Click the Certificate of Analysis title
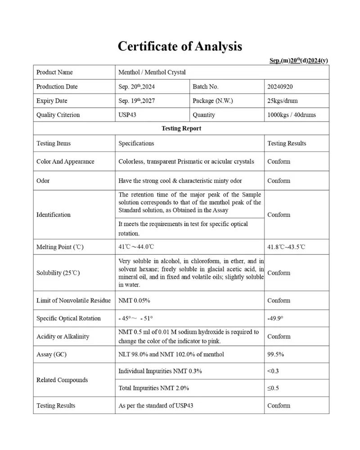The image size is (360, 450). (x=180, y=46)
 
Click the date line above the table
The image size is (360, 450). (x=299, y=61)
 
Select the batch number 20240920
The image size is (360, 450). (x=280, y=86)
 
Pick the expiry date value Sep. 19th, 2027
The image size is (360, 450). (x=136, y=101)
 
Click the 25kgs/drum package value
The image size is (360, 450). (x=282, y=101)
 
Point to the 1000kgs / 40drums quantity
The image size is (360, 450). (x=291, y=115)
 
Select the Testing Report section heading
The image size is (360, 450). (x=181, y=128)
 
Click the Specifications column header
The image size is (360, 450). (x=136, y=143)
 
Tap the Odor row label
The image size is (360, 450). (x=43, y=180)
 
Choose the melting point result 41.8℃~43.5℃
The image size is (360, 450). (x=286, y=247)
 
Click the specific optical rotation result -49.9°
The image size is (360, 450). (x=275, y=318)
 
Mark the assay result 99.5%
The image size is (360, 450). (x=275, y=354)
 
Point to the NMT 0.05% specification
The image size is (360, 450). (x=134, y=300)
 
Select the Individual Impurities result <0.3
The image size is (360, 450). (x=273, y=371)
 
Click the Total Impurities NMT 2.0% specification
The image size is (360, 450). (x=153, y=387)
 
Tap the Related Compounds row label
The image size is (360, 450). (x=62, y=380)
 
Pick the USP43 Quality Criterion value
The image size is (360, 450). (x=127, y=115)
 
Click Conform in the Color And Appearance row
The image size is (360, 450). (x=279, y=161)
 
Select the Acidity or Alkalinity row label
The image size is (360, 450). (x=63, y=336)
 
